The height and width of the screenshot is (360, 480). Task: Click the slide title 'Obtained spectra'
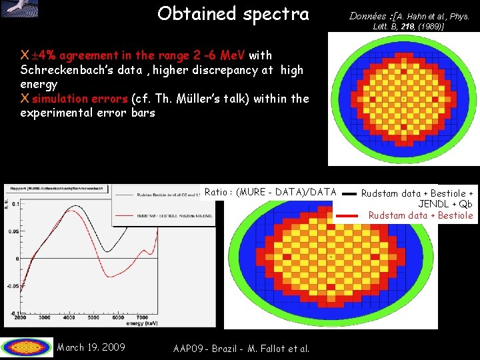tap(233, 14)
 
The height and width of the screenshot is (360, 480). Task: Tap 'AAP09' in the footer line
tap(189, 348)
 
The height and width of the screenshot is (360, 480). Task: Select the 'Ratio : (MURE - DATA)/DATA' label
tap(270, 192)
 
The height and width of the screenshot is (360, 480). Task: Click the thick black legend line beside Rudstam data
tap(347, 193)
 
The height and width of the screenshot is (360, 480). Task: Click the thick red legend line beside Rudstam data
tap(347, 215)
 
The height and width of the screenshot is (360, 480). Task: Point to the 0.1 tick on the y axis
tap(15, 203)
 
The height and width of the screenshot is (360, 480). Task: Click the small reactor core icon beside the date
tap(27, 347)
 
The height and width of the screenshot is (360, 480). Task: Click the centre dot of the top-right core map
tap(403, 99)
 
